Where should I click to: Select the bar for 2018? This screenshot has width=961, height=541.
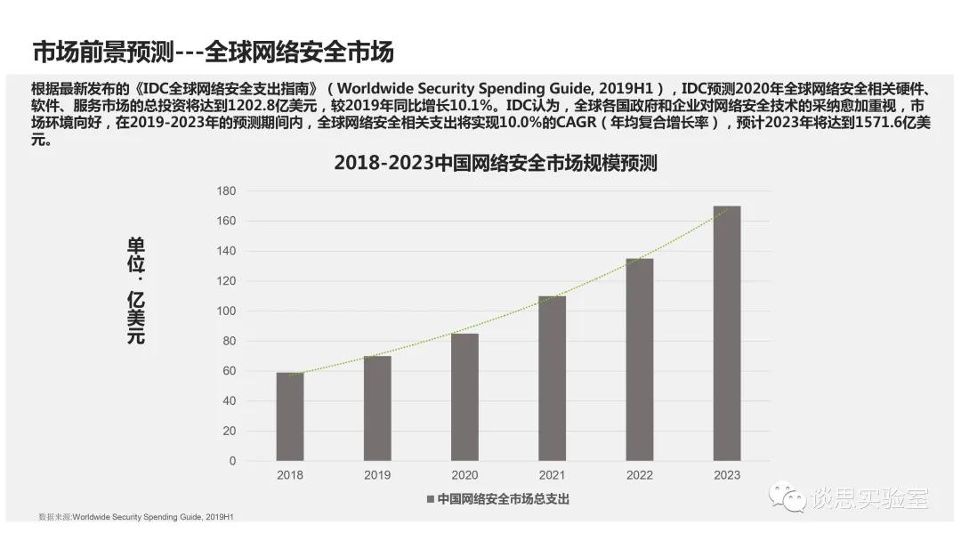click(x=290, y=416)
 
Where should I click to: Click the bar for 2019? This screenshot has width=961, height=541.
click(x=377, y=408)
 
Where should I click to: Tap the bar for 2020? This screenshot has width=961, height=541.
click(x=464, y=397)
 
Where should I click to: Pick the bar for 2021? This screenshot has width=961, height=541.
click(x=552, y=378)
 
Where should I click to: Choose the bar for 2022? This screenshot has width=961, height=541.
click(x=639, y=359)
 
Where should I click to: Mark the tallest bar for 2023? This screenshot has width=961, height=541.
click(x=727, y=334)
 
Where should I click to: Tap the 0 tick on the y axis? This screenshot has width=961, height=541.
click(x=232, y=461)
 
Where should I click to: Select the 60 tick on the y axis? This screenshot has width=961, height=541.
click(x=229, y=371)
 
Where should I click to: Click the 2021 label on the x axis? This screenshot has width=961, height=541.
click(x=552, y=475)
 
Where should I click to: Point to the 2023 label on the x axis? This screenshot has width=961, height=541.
click(x=727, y=475)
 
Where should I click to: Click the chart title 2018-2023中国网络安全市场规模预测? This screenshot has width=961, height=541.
click(x=495, y=164)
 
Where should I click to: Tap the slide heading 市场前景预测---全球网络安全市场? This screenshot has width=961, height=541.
click(x=213, y=52)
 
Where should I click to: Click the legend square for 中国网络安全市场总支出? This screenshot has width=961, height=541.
click(x=431, y=499)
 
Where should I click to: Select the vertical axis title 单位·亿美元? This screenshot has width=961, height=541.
click(x=136, y=291)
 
